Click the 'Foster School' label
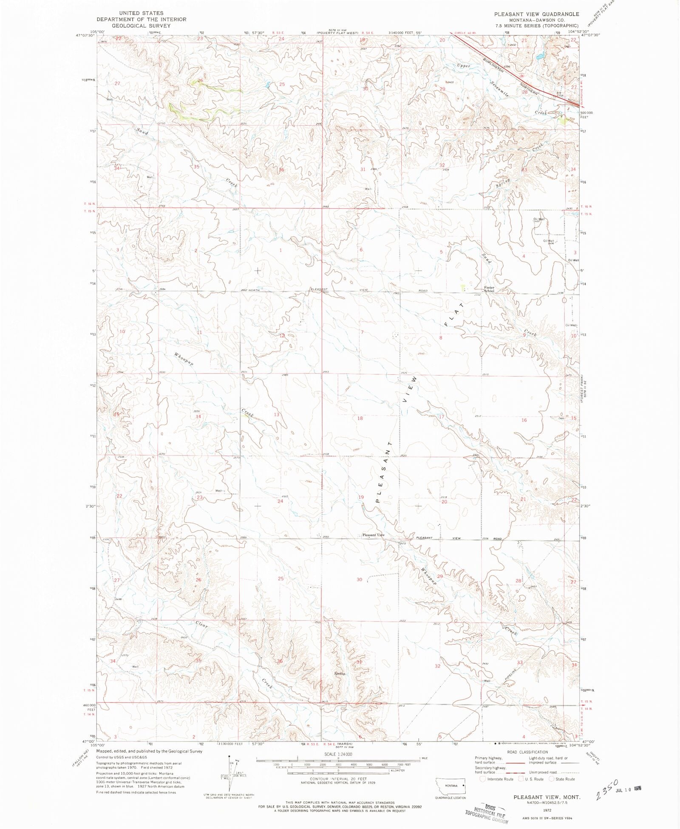click(x=489, y=289)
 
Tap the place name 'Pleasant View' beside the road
click(x=373, y=535)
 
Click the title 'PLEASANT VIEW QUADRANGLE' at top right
click(x=536, y=14)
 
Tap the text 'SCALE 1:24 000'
click(x=338, y=754)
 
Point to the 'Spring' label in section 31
click(x=339, y=673)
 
